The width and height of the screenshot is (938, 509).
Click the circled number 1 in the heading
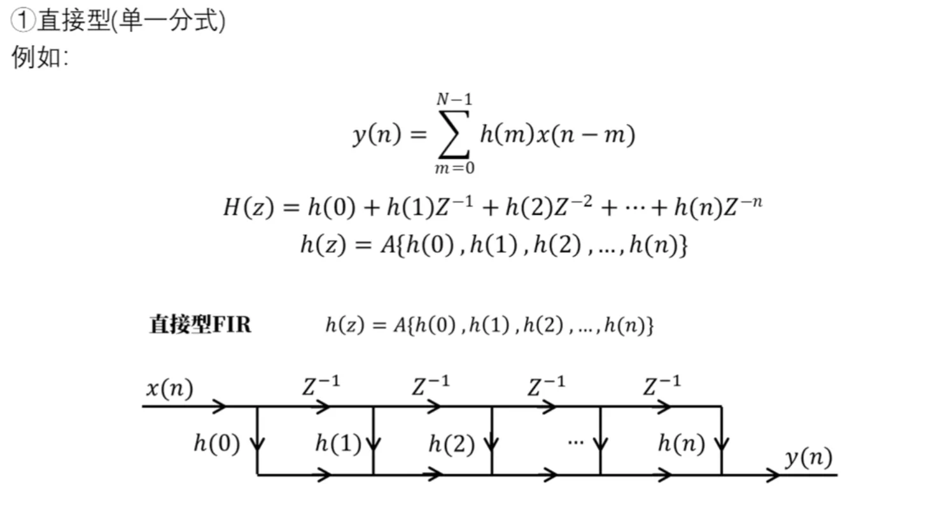point(23,20)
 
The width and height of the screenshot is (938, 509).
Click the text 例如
point(36,57)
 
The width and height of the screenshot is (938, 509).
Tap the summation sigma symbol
point(454,134)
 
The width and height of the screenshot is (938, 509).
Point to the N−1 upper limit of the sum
point(454,99)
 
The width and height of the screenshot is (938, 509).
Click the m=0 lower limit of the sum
point(455,168)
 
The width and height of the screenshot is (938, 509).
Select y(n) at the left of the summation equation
point(377,135)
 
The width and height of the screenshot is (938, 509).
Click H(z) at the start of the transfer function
point(249,207)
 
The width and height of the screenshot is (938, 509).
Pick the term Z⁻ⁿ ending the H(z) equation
point(743,206)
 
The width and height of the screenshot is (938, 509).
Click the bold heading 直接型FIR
point(200,324)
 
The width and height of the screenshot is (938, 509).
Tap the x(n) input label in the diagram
point(170,388)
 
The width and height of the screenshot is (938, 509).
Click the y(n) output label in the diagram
point(809,458)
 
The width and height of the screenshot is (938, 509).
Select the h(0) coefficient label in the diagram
point(217,443)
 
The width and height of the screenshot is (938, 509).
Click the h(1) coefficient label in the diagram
point(339,443)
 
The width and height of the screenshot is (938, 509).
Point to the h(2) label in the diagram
point(451,444)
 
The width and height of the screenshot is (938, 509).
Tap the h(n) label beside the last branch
point(682,443)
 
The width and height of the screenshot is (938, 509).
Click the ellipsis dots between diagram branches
point(576,442)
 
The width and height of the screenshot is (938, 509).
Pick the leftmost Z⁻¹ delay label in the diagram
point(321,386)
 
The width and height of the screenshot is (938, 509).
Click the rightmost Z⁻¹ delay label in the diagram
point(662,386)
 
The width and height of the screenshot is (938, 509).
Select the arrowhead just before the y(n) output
point(773,475)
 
